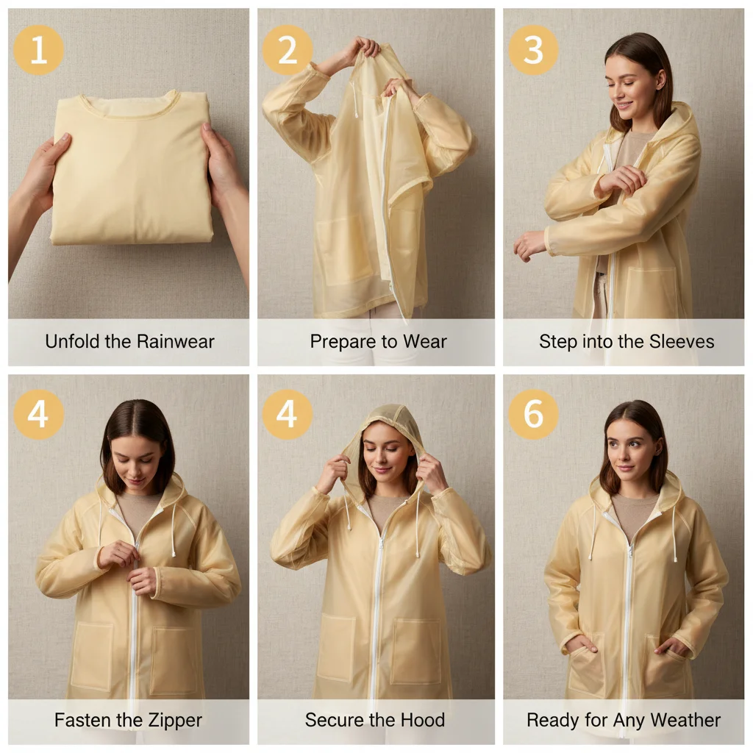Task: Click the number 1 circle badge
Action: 38,50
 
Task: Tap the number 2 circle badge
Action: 287,50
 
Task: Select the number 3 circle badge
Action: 533,50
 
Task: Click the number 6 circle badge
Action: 533,415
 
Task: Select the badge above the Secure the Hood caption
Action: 287,415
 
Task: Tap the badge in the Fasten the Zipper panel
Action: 38,415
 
